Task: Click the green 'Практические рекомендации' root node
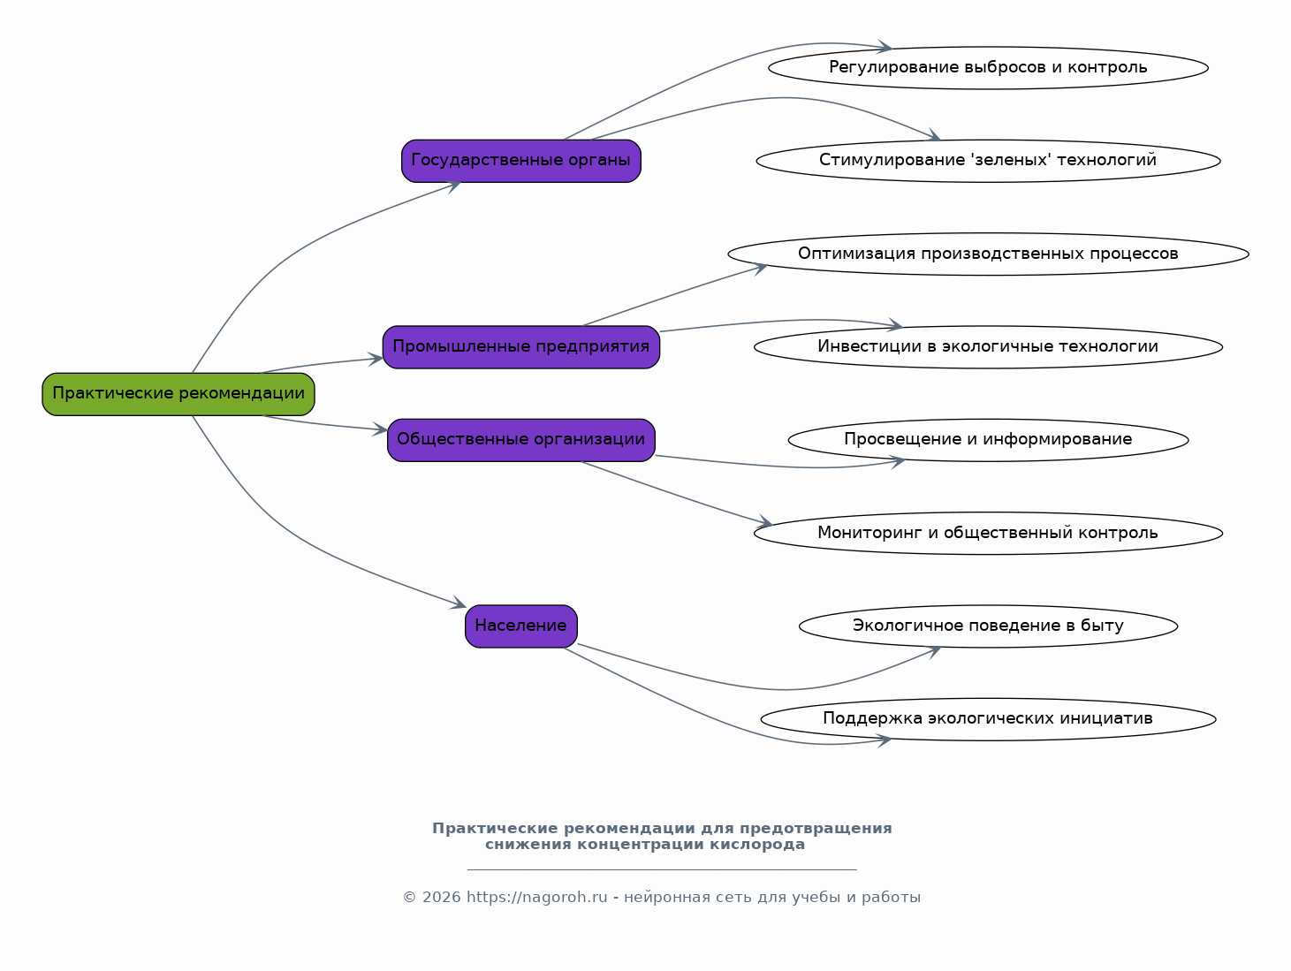point(178,394)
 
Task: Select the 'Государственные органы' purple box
point(521,161)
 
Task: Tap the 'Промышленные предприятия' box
point(521,347)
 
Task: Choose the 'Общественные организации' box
point(521,440)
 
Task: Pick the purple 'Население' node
point(521,626)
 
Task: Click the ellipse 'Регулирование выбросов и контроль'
point(988,68)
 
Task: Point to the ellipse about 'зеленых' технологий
point(988,161)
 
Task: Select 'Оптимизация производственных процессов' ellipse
point(988,254)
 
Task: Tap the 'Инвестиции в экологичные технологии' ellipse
point(988,347)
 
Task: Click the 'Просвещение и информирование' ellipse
point(988,440)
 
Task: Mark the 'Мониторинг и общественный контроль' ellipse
point(988,534)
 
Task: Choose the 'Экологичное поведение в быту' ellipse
point(988,626)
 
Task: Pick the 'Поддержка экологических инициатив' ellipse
point(988,719)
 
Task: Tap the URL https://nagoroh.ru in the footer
point(536,898)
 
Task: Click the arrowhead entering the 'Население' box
point(459,603)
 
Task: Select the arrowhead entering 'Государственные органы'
point(453,187)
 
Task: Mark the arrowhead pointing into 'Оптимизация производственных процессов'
point(761,269)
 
